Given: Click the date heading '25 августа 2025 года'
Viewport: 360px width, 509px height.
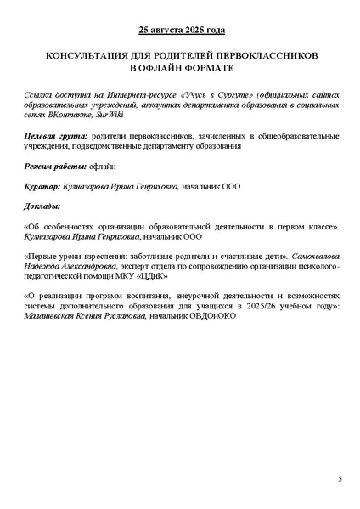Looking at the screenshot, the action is [180, 31].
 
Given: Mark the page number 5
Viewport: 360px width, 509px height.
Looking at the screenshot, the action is [340, 480].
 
